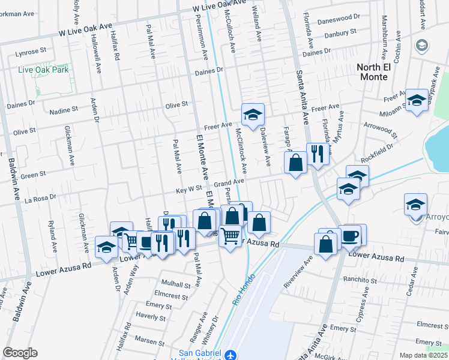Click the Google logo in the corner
tap(20, 353)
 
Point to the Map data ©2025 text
tap(423, 355)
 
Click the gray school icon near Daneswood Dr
tap(422, 45)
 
